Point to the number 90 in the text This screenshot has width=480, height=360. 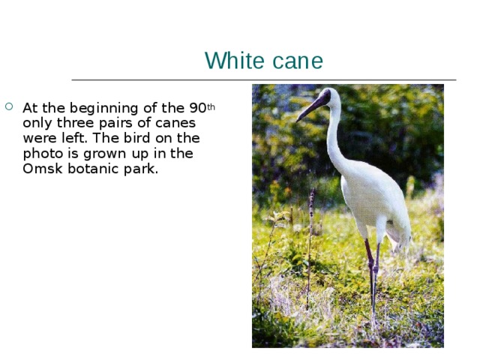click(x=197, y=108)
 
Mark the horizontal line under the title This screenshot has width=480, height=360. click(x=263, y=79)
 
